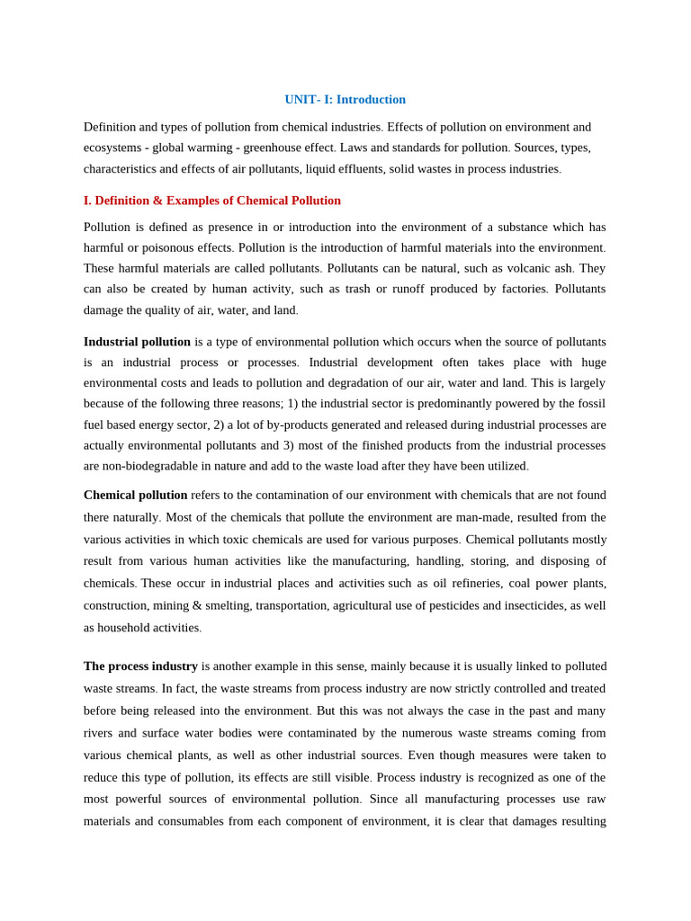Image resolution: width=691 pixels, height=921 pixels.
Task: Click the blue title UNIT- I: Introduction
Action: (345, 100)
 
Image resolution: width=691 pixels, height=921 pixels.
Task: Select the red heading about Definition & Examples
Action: (212, 201)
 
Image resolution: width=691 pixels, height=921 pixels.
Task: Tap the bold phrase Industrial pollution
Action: (137, 342)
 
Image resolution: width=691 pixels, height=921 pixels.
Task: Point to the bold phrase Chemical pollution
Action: (135, 495)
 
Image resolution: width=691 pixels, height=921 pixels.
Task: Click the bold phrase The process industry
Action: (140, 666)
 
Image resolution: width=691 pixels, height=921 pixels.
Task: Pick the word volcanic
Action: (521, 268)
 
